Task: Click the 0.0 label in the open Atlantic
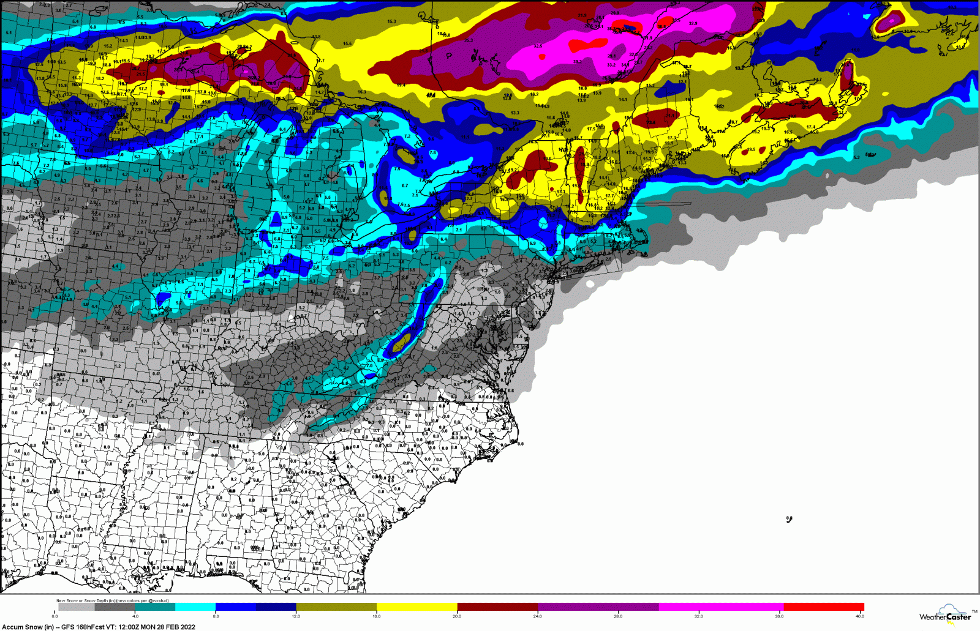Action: point(789,518)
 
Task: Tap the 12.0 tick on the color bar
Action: point(296,616)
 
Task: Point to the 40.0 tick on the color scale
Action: point(859,616)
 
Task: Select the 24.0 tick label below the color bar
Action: point(537,616)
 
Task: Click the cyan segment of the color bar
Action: point(195,607)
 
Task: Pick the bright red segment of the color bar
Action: point(823,607)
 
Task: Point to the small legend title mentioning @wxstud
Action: point(113,600)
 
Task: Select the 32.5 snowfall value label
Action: point(537,46)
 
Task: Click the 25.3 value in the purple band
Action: point(469,40)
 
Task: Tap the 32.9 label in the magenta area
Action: point(692,24)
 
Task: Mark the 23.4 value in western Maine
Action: point(650,122)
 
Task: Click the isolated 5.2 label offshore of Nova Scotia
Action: point(856,157)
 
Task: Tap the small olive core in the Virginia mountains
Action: point(402,346)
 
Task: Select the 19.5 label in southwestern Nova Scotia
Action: point(751,149)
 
